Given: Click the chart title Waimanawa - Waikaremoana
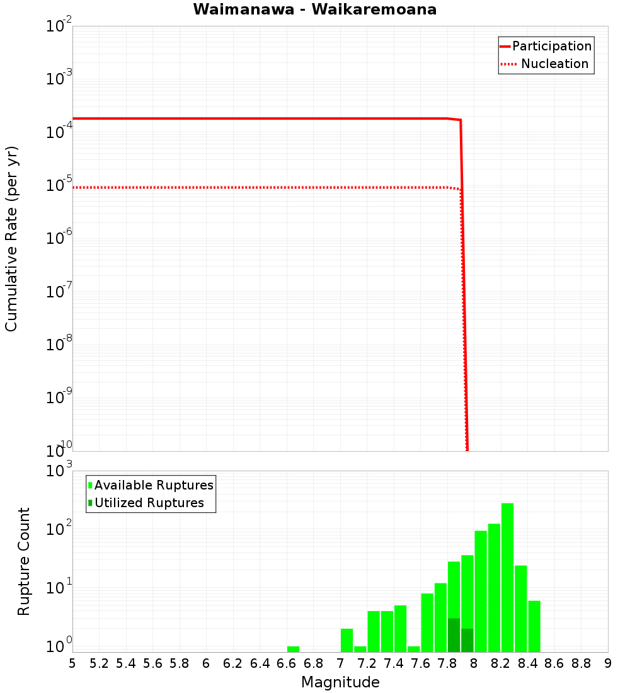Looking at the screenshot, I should click(315, 9).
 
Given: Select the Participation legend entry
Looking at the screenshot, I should click(551, 46).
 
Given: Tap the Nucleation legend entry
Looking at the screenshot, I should click(554, 64).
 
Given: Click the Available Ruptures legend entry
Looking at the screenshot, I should click(153, 485).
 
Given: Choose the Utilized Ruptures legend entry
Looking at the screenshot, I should click(149, 503).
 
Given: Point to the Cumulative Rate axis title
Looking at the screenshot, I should click(11, 238).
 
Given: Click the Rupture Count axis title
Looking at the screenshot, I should click(24, 561).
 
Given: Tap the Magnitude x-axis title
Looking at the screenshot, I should click(340, 682).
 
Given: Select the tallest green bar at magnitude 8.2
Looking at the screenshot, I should click(507, 577).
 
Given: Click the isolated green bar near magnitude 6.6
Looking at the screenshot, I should click(293, 649).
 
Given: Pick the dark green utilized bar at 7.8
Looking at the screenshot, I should click(454, 635).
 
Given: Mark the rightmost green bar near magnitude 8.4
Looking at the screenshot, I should click(534, 626).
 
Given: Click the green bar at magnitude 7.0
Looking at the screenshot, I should click(346, 640).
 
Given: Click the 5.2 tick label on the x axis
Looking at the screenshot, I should click(99, 663).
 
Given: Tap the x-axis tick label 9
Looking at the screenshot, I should click(607, 663).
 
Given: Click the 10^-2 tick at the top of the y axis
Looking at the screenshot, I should click(59, 26).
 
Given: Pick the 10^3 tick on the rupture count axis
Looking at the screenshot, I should click(59, 471).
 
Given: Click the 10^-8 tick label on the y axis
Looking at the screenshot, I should click(59, 345).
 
